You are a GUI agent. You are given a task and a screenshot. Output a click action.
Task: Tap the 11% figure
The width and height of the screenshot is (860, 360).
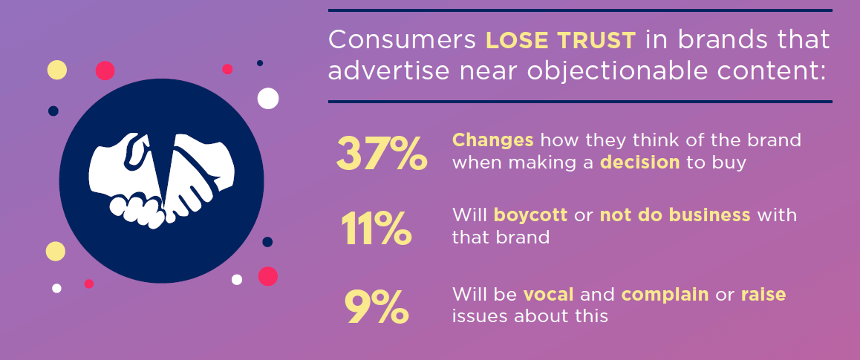pos(376,227)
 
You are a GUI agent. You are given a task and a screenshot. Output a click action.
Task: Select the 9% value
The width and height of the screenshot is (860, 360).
pos(377,306)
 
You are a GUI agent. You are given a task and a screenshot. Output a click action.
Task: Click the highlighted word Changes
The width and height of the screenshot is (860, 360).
pos(493,140)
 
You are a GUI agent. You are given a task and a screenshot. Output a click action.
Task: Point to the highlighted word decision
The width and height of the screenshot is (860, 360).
pos(640,163)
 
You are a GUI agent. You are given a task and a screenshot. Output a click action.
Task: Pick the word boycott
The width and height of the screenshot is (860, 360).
pos(531,216)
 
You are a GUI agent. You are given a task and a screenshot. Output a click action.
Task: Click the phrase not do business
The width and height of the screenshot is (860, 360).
pos(676,216)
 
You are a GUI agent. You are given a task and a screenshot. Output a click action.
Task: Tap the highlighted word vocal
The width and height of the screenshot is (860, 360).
pos(548,294)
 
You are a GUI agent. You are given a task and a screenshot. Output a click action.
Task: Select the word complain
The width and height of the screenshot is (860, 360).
pos(665,295)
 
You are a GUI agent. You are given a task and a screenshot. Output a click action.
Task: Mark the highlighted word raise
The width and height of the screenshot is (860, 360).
pos(763,294)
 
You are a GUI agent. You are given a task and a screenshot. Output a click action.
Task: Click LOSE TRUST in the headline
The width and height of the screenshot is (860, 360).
pos(561,40)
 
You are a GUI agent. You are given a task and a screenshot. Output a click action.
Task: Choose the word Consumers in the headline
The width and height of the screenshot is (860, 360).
pos(403,40)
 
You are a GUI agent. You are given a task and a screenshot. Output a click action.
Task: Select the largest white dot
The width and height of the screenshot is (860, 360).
pos(268,98)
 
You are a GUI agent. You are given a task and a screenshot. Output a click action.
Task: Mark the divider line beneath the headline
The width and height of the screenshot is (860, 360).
pos(579,102)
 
